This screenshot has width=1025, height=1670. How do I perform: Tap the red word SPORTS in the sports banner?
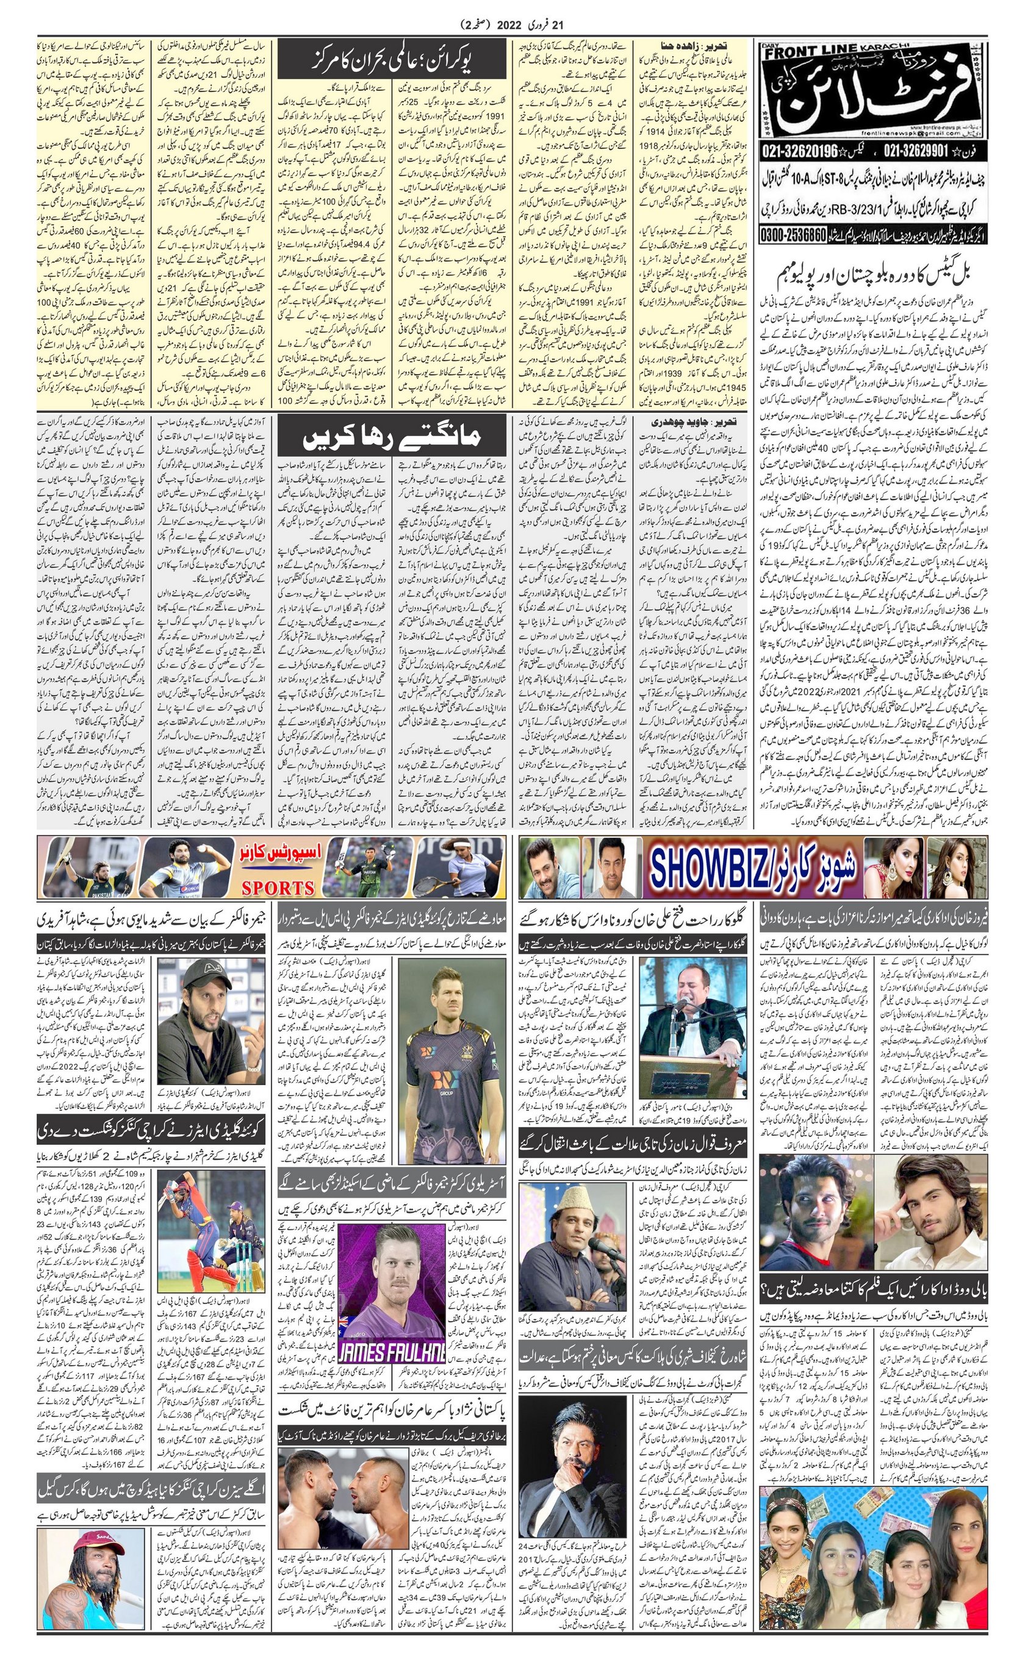[x=278, y=887]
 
